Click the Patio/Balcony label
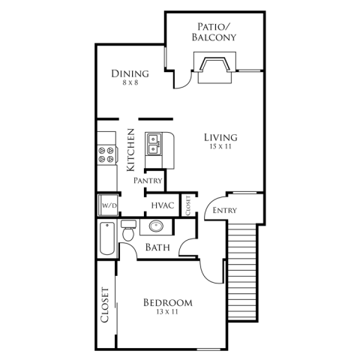(x=214, y=31)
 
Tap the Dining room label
(x=130, y=73)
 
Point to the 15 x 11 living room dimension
(x=220, y=147)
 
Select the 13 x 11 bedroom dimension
(x=167, y=312)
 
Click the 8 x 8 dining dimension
(x=130, y=82)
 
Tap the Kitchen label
(x=130, y=150)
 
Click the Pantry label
(x=148, y=181)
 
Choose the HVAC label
(x=163, y=205)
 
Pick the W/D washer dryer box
(x=108, y=205)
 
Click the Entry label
(x=224, y=211)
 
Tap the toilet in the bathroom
(x=128, y=230)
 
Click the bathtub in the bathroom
(x=107, y=238)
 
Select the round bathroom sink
(x=156, y=226)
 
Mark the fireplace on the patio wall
(x=214, y=67)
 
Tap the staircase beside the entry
(x=242, y=272)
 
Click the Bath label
(x=157, y=247)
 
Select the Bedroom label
(x=168, y=303)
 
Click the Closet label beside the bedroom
(x=105, y=304)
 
